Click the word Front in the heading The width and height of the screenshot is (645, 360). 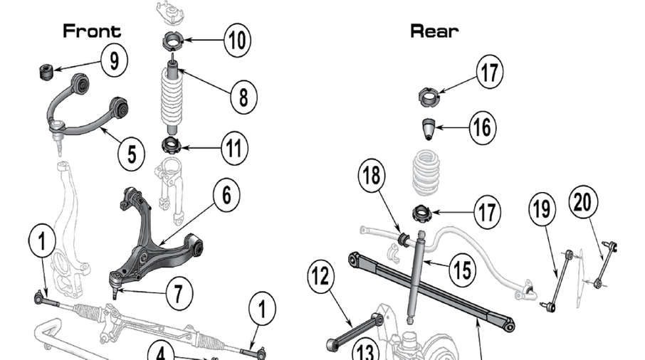[x=92, y=31]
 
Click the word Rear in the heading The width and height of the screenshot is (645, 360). [x=434, y=31]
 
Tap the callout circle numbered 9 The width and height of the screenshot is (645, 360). [x=114, y=61]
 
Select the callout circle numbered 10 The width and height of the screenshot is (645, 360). [x=237, y=41]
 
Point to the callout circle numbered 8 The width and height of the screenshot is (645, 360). [x=243, y=96]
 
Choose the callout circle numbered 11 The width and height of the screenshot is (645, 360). [x=234, y=148]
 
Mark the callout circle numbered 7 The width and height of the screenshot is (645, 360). [x=179, y=292]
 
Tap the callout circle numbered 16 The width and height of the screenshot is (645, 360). [x=482, y=127]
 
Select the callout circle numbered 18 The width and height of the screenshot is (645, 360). [x=374, y=176]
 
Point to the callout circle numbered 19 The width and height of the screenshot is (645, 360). [x=541, y=209]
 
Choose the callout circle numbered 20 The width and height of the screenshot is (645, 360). [x=583, y=203]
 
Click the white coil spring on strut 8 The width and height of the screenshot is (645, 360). [x=172, y=100]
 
